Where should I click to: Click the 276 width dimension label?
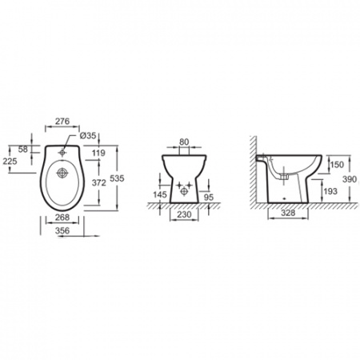click(x=62, y=121)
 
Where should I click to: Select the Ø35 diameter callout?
click(x=88, y=135)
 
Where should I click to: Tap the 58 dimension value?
click(x=23, y=150)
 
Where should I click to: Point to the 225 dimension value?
click(x=10, y=161)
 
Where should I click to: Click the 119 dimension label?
click(x=98, y=153)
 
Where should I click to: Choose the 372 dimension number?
click(x=99, y=182)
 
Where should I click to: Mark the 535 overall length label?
click(x=117, y=178)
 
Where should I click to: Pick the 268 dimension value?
click(x=62, y=218)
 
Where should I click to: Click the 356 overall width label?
click(x=62, y=230)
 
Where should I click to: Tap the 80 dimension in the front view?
click(x=184, y=142)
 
